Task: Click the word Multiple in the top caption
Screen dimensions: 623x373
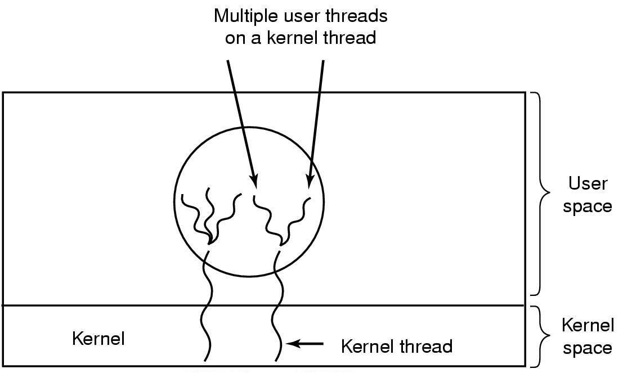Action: point(245,16)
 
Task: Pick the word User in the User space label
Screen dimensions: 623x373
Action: point(588,183)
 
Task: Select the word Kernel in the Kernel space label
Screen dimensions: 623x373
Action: point(588,325)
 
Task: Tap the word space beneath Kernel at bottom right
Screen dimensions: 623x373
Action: point(587,349)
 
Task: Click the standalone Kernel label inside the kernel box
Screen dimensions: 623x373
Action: point(98,339)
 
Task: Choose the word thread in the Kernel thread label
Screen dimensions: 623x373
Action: point(426,346)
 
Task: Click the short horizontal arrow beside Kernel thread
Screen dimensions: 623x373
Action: point(304,343)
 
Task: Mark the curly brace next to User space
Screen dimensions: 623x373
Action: point(541,194)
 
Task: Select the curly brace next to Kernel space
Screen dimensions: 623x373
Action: point(541,336)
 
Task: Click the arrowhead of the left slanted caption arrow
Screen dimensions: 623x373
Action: point(253,181)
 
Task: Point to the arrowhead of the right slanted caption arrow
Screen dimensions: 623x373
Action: point(310,181)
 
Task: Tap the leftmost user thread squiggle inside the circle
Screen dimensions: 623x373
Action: point(195,218)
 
